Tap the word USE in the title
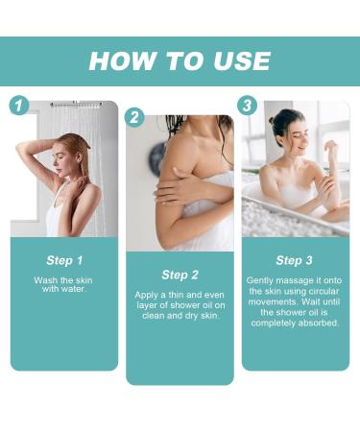click(242, 60)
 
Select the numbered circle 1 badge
click(19, 106)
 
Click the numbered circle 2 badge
click(134, 117)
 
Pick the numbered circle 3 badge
click(247, 106)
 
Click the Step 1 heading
click(64, 260)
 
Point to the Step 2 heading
click(180, 275)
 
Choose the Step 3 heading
click(294, 260)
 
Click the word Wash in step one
click(46, 280)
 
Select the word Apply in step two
click(146, 295)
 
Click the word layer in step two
click(147, 305)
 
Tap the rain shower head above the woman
click(77, 105)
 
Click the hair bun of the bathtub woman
click(273, 121)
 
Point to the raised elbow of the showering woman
click(20, 147)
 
